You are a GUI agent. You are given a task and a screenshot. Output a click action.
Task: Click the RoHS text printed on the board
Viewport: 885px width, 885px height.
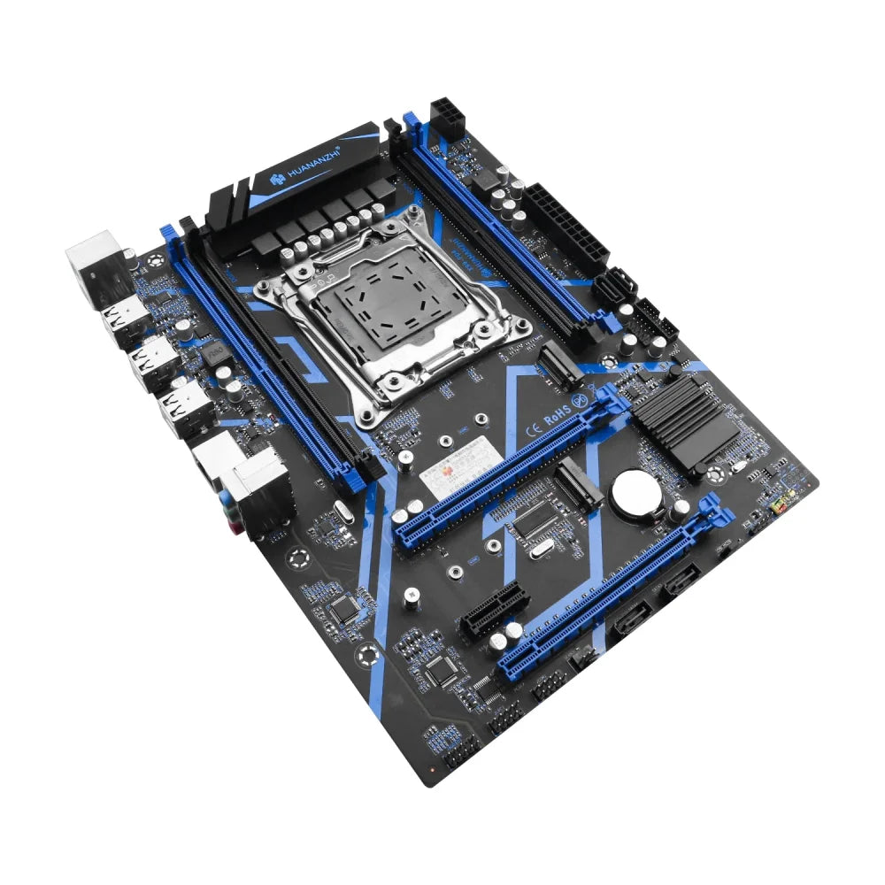pos(555,414)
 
